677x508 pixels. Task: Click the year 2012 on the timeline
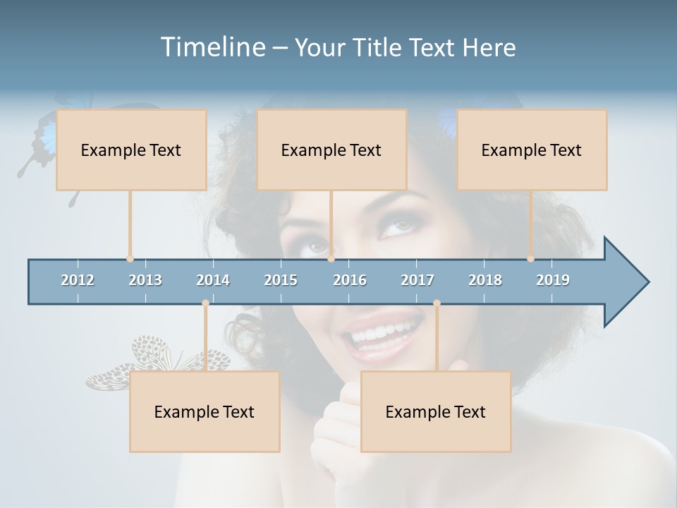[78, 280]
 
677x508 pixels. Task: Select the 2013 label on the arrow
[145, 280]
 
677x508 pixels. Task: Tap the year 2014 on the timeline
[213, 280]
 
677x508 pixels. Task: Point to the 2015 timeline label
[281, 280]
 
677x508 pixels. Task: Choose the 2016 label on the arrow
[350, 280]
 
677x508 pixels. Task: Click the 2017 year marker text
[417, 280]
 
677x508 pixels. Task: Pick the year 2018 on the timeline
[485, 280]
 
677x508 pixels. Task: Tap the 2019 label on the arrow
[553, 280]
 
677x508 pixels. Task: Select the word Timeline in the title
[212, 47]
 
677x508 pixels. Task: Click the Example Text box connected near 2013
[131, 150]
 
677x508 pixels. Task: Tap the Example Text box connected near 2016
[331, 150]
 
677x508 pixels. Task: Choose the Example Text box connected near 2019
[532, 150]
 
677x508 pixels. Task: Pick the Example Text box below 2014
[205, 411]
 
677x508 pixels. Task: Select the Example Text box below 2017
[436, 411]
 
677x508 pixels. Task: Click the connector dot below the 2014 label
[205, 303]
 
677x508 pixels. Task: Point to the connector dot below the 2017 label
[437, 303]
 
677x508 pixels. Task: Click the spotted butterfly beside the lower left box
[152, 360]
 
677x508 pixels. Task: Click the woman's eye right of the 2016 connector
[398, 226]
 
